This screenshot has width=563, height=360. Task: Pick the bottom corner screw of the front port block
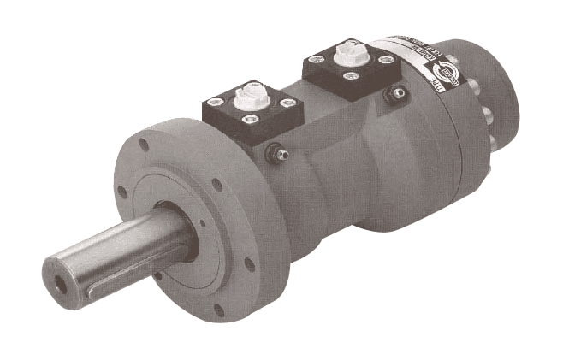[x=251, y=119]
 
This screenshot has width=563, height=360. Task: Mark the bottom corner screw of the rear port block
[x=351, y=75]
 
